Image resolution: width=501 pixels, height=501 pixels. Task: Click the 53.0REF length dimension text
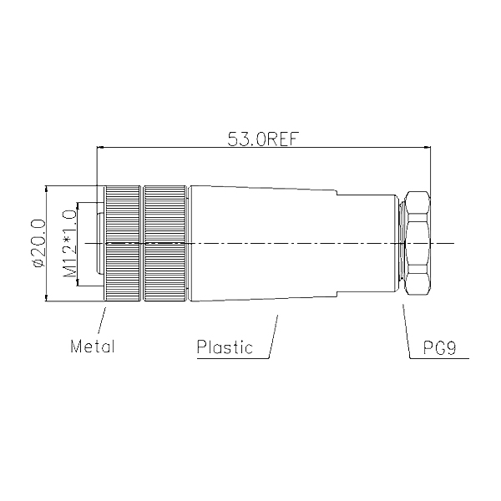[x=262, y=139]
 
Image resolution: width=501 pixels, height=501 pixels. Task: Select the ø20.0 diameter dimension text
[x=38, y=243]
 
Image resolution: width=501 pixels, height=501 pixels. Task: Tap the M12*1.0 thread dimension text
[x=69, y=244]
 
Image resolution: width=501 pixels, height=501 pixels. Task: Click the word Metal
[x=93, y=347]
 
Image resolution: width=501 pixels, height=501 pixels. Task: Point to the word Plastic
[x=225, y=347]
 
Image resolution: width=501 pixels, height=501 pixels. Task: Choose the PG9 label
[x=439, y=347]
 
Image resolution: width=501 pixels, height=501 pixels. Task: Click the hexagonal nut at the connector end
[x=417, y=243]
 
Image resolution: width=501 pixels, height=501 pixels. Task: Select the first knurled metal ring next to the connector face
[x=123, y=243]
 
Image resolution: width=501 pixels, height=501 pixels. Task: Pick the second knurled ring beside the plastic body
[x=164, y=243]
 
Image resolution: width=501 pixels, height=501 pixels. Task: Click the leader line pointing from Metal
[x=102, y=321]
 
